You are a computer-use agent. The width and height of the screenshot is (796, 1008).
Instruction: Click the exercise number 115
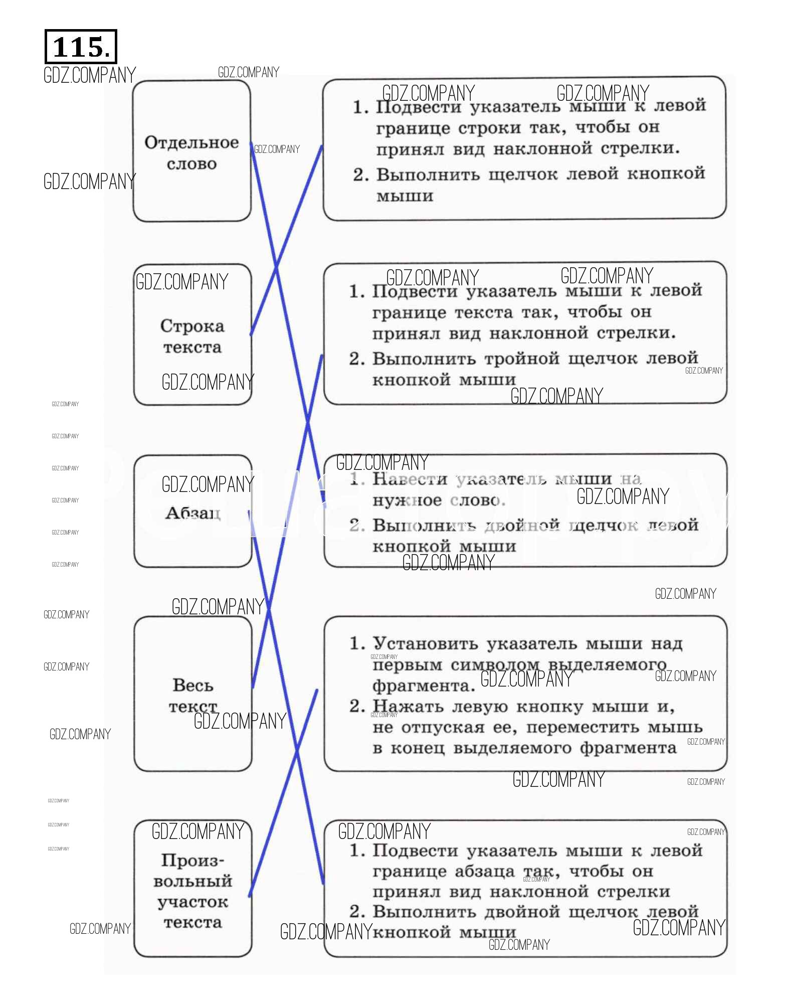click(x=80, y=47)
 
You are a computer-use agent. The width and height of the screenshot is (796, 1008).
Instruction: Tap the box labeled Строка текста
click(x=192, y=336)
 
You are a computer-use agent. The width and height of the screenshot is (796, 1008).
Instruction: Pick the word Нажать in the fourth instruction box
click(x=408, y=707)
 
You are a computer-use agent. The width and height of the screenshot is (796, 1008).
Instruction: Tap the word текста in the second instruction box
click(x=484, y=313)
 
